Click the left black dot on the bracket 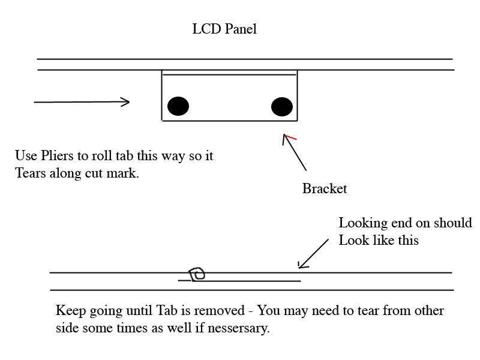(x=178, y=106)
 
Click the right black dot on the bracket (x=282, y=107)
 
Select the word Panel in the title (x=241, y=29)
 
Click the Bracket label (x=325, y=188)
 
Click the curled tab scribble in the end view (x=197, y=274)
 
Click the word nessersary (x=238, y=329)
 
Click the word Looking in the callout (x=362, y=223)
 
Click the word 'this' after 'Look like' (x=407, y=241)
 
